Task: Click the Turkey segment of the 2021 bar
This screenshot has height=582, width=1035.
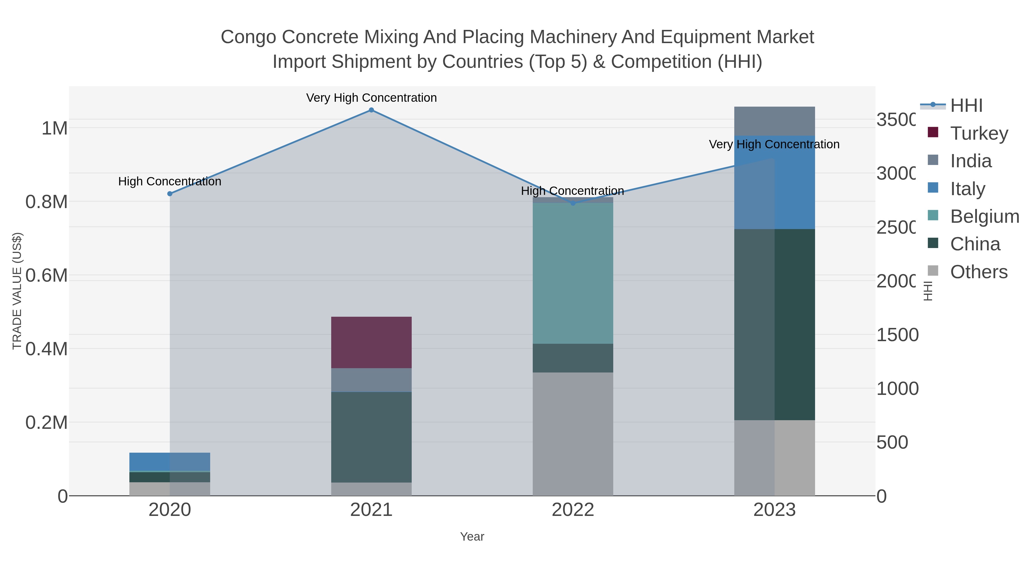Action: tap(371, 342)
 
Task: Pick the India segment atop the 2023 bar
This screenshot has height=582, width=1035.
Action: tap(774, 121)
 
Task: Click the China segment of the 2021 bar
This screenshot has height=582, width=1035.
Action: tap(371, 437)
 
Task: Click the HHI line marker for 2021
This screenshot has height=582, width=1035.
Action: tap(371, 110)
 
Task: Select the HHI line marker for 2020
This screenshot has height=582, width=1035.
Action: tap(170, 194)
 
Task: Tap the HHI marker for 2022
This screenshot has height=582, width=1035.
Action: tap(573, 203)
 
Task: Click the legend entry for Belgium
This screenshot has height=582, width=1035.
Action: tap(984, 216)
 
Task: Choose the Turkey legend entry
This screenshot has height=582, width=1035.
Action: tap(979, 133)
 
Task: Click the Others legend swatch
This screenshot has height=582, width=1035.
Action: tap(933, 271)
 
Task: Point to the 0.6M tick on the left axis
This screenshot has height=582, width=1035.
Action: tap(46, 276)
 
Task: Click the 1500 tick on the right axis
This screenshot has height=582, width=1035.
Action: tap(897, 335)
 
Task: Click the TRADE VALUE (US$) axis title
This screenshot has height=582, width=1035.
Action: tap(17, 291)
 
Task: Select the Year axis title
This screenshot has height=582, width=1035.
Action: tap(472, 537)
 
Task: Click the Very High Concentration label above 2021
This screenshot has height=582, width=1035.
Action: tap(371, 98)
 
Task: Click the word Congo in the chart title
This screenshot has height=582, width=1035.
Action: tap(249, 37)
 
